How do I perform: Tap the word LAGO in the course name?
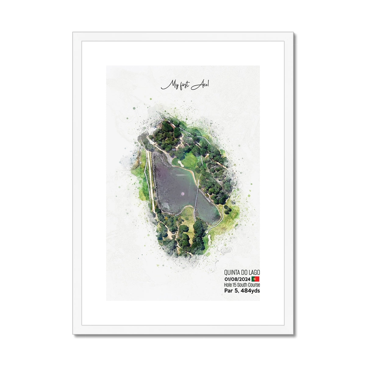tap(254, 272)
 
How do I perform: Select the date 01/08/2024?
tap(237, 279)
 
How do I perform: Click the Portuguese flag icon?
tap(256, 279)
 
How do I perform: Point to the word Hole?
tap(228, 285)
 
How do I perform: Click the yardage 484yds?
tap(250, 291)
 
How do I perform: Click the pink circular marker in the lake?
tap(183, 193)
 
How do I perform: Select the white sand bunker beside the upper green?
tap(181, 163)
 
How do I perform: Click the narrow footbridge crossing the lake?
tap(197, 198)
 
